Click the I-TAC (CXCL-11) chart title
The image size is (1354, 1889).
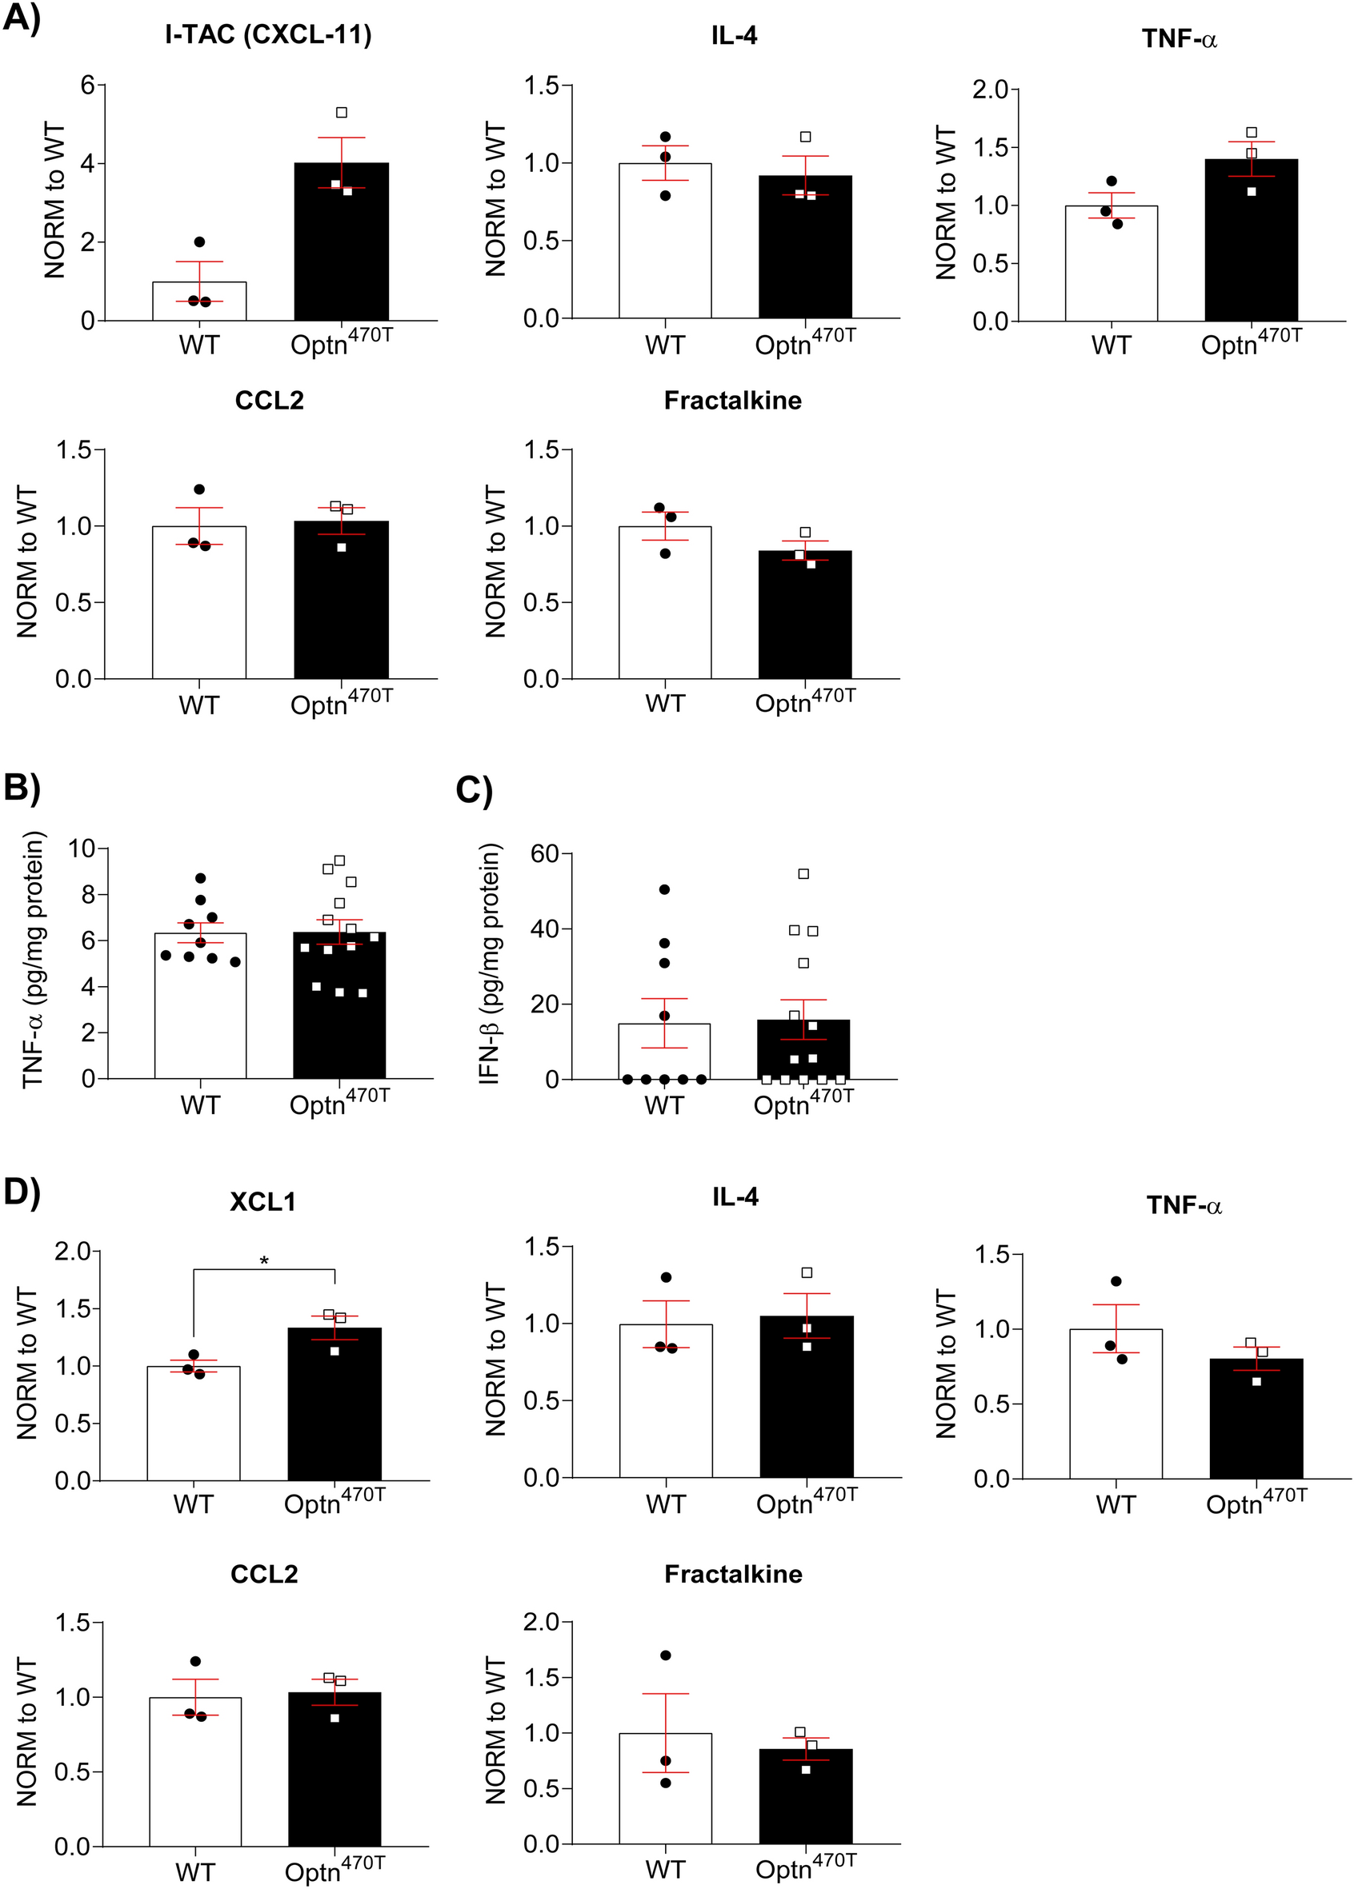click(268, 35)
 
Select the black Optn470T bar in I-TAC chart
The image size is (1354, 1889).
click(342, 250)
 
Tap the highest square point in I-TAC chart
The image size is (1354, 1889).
click(342, 113)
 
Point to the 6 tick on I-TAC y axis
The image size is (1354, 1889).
click(86, 84)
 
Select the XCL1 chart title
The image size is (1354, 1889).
click(262, 1202)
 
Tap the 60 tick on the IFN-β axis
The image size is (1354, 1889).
click(546, 853)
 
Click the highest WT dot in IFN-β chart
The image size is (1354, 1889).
click(664, 889)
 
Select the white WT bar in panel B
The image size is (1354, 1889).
click(200, 1008)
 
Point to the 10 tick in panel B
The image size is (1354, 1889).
click(82, 849)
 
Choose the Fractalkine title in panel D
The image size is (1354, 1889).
click(733, 1574)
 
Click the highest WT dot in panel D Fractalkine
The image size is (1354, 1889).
click(665, 1655)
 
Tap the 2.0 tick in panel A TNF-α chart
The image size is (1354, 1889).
click(990, 89)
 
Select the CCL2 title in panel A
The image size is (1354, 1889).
click(269, 401)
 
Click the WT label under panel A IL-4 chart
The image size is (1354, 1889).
click(664, 345)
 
